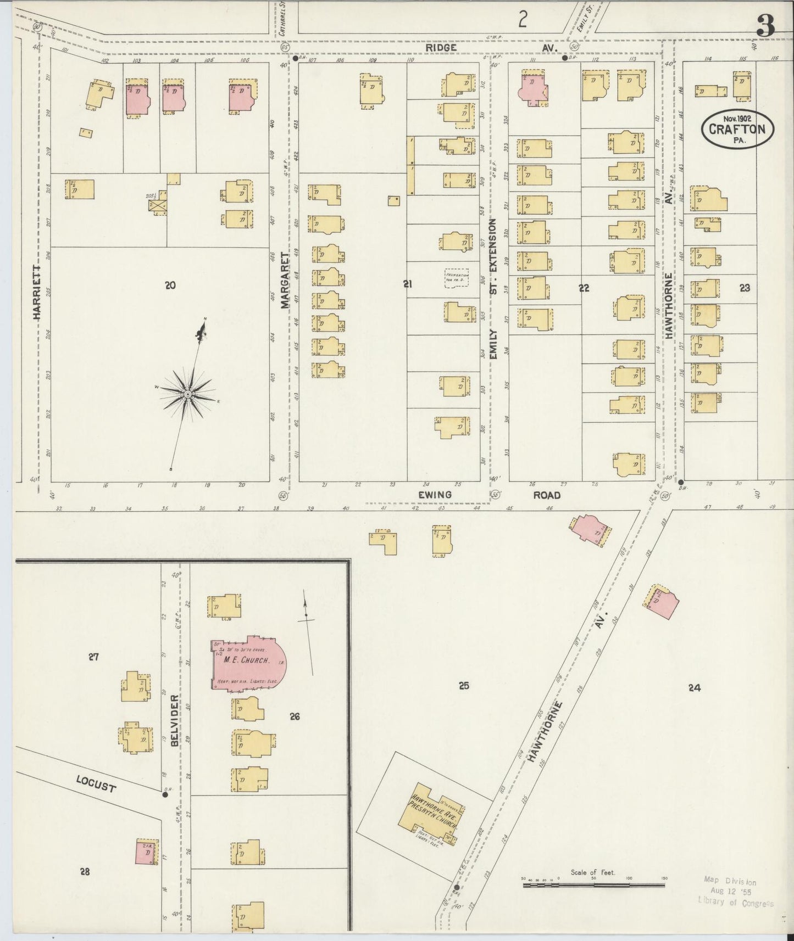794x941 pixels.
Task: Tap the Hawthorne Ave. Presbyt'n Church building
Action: click(x=434, y=818)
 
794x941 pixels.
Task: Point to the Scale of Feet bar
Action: click(x=593, y=885)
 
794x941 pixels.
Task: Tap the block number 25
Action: click(x=464, y=686)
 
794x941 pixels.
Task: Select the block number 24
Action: click(x=695, y=687)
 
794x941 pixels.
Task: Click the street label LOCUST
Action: click(x=96, y=785)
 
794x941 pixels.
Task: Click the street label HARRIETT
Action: click(x=37, y=292)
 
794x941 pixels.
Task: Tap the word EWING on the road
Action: click(x=435, y=495)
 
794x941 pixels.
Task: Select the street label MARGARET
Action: click(x=285, y=280)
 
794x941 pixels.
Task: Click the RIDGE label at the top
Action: click(x=442, y=48)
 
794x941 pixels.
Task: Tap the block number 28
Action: click(x=85, y=871)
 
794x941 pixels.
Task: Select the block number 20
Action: click(x=170, y=285)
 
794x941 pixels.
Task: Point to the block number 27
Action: click(x=93, y=657)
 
